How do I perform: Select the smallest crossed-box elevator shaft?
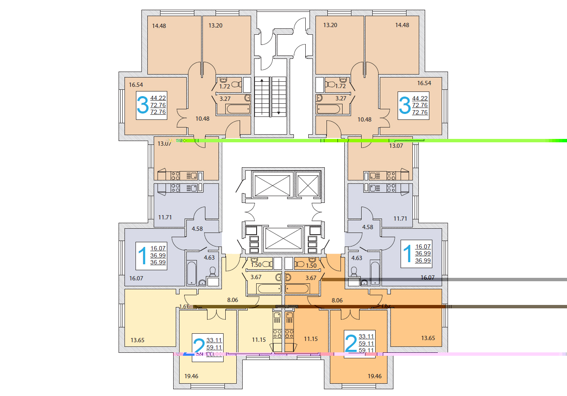point(308,185)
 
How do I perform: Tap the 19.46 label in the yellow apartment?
point(191,376)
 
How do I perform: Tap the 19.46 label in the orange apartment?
point(375,376)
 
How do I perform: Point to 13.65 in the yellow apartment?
point(138,340)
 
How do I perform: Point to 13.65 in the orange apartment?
point(428,338)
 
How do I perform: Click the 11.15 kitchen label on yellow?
point(259,340)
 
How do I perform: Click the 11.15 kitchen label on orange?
point(311,339)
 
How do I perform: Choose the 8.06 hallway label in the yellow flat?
point(232,300)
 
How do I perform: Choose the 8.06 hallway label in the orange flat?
point(337,300)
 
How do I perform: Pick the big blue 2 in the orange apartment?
point(351,343)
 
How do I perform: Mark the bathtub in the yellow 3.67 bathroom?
point(269,289)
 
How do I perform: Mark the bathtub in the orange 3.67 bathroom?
point(297,289)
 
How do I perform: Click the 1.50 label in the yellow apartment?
point(256,265)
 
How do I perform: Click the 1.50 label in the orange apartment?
point(311,266)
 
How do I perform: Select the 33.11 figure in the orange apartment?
point(366,337)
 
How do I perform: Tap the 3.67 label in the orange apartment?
point(311,278)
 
